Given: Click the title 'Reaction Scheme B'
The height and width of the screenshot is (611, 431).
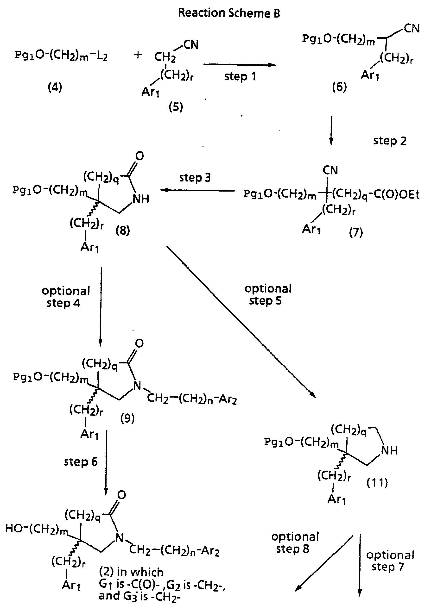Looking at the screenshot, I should click(229, 13).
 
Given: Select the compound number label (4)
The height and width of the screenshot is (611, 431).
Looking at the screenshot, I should click(55, 87).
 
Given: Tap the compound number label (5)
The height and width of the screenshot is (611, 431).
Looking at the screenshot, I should click(176, 107).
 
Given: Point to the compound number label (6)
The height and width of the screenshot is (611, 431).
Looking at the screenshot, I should click(339, 87).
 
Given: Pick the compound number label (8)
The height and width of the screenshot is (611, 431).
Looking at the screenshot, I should click(123, 231).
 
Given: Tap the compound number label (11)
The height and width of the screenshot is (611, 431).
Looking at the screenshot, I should click(377, 482).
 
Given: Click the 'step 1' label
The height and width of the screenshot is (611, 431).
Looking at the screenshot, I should click(240, 77).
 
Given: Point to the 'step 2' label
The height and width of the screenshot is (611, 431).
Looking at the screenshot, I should click(390, 141).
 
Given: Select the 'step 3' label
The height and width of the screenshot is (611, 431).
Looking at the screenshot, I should click(195, 177).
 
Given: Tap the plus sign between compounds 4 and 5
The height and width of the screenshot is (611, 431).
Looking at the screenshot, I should click(138, 55).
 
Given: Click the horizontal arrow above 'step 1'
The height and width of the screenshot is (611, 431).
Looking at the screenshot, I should click(240, 65).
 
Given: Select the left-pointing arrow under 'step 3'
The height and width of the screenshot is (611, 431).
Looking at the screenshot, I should click(198, 190).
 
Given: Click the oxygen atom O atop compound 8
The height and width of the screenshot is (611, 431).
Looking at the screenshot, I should click(139, 156).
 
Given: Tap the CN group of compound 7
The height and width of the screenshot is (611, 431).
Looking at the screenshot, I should click(330, 170).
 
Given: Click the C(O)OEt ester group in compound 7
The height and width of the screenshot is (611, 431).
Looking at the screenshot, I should click(397, 194).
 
